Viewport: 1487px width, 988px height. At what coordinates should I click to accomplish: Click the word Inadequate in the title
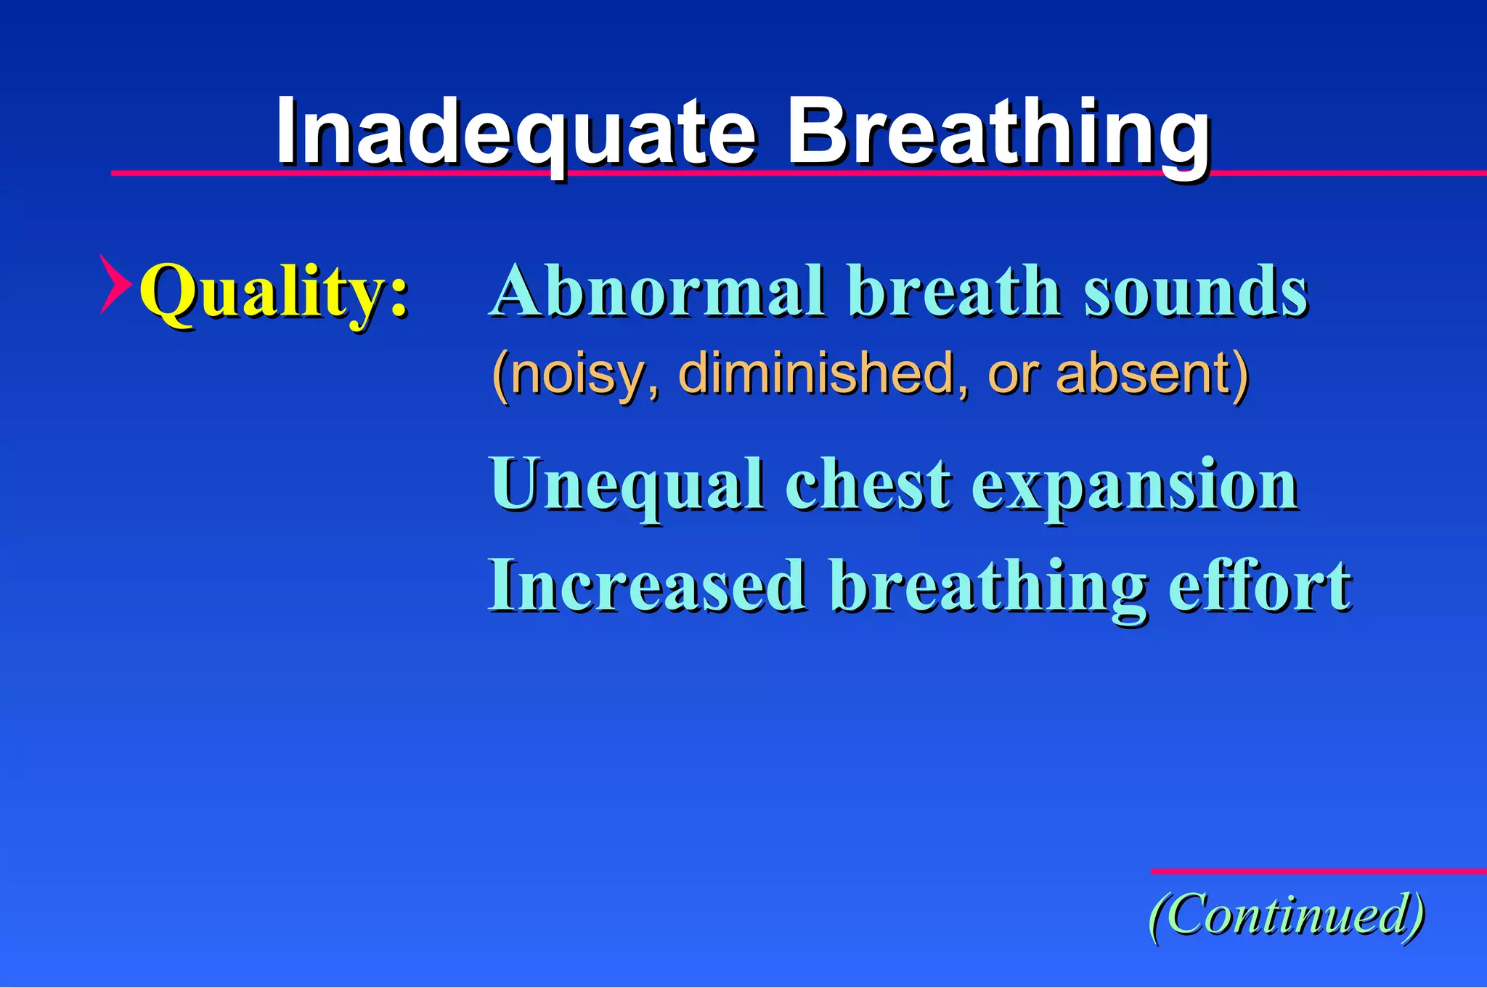516,132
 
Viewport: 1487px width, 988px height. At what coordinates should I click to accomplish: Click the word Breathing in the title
998,132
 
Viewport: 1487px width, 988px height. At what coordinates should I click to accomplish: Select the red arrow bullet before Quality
114,284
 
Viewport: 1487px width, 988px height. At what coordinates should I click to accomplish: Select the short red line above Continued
1318,870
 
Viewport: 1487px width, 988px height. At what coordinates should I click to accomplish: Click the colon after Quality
398,299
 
